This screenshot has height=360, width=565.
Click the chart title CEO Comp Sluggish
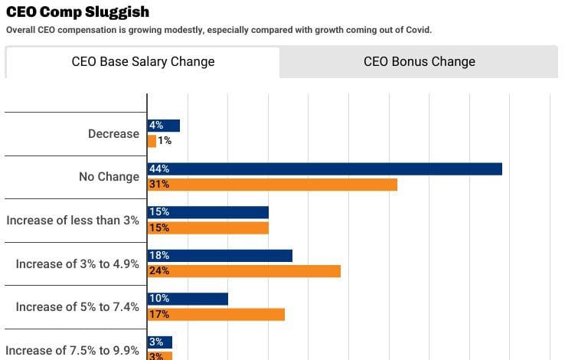(77, 12)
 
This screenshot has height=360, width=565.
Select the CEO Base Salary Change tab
(143, 61)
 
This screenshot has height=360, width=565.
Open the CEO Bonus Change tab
(419, 61)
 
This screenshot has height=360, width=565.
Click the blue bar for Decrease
(164, 126)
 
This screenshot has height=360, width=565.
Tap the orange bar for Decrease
(152, 141)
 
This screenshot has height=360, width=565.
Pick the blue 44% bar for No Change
(325, 169)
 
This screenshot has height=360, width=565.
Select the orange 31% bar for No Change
(273, 185)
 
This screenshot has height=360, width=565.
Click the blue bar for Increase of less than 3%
(208, 212)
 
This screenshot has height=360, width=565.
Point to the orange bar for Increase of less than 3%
(208, 227)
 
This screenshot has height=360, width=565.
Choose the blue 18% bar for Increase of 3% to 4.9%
(220, 255)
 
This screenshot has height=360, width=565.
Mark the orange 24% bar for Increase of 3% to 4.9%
(244, 271)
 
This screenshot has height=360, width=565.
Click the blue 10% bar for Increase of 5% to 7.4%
(188, 299)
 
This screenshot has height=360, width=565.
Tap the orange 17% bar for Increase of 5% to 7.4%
(216, 314)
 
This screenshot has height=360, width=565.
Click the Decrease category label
(113, 133)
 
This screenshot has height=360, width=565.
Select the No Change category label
(109, 177)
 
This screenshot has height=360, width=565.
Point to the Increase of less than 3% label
(73, 220)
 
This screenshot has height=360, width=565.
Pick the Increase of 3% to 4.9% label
(77, 263)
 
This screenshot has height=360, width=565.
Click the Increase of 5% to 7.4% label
(77, 307)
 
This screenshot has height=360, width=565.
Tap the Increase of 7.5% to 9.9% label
(73, 351)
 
